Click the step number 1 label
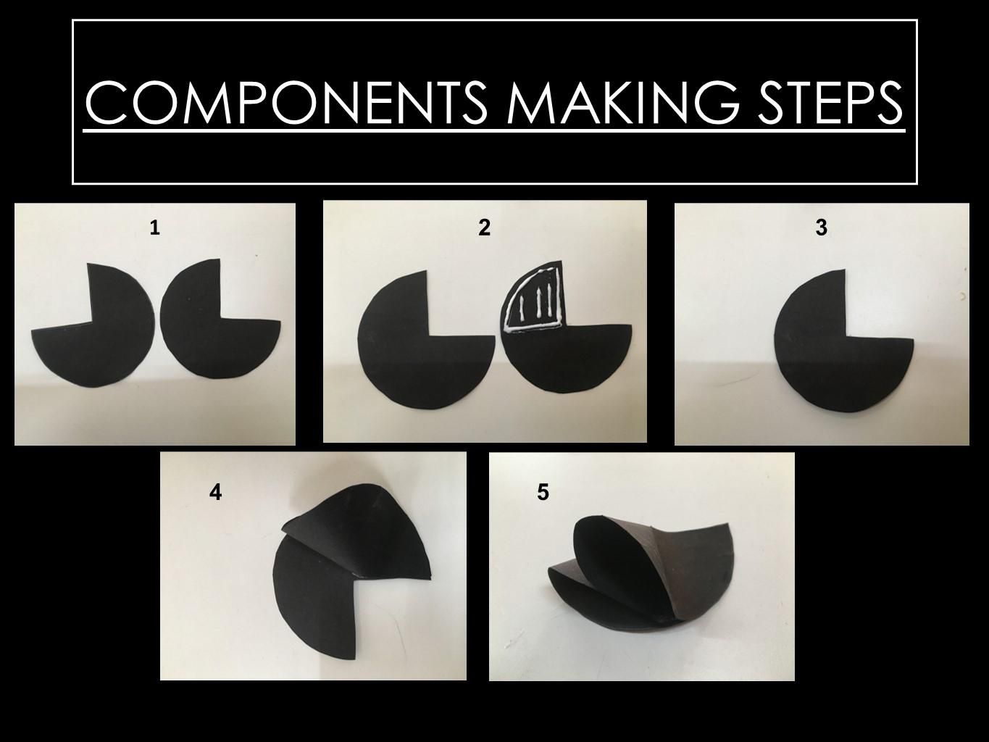(x=154, y=228)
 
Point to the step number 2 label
(x=485, y=228)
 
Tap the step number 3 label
(x=821, y=228)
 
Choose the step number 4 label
(x=215, y=493)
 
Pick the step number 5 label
(x=543, y=493)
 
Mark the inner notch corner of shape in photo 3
(x=845, y=338)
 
